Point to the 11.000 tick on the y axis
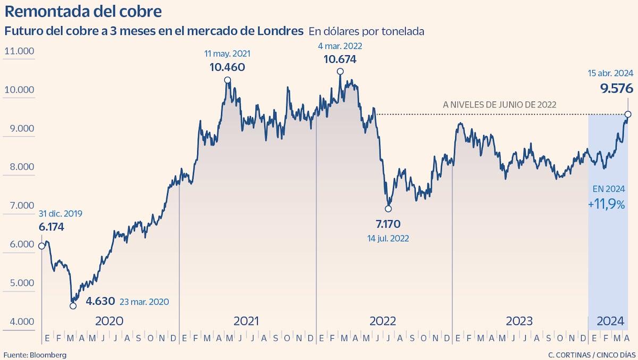19,51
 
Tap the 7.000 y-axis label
19,206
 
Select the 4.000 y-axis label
19,321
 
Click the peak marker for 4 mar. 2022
340,71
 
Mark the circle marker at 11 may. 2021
228,80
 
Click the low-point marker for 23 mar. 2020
73,305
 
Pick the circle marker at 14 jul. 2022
388,208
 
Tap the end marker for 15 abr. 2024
628,114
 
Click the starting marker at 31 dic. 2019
41,246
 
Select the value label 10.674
340,59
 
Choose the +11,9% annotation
606,204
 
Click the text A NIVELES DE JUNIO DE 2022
499,105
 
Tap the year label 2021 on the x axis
246,321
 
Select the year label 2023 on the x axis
519,321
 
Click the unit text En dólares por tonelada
366,31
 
